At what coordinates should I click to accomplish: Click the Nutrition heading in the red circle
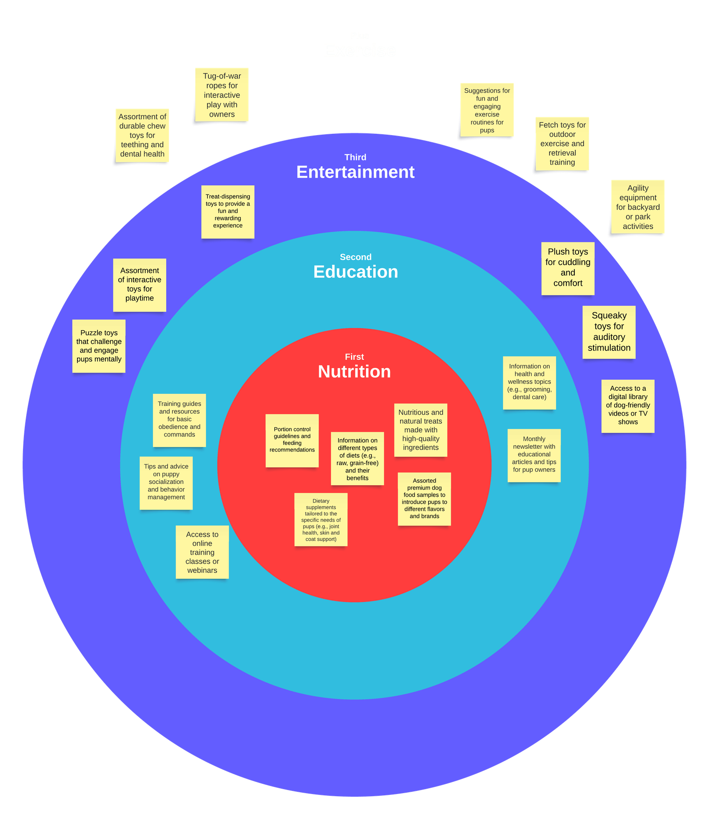pos(354,371)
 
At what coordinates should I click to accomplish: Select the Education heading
pos(355,272)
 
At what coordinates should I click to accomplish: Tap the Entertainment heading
pos(355,172)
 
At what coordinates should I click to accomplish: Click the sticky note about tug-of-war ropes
pos(222,95)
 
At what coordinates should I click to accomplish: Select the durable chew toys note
pos(142,135)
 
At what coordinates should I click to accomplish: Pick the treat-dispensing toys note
pos(228,211)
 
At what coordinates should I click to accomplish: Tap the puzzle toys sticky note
pos(99,346)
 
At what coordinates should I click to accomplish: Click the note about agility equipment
pos(638,207)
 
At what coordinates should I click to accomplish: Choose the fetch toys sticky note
pos(562,144)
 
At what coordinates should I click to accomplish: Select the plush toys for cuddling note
pos(568,268)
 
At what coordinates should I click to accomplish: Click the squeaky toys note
pos(609,332)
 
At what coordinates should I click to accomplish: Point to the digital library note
pos(627,405)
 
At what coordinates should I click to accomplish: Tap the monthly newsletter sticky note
pos(534,455)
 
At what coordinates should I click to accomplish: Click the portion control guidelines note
pos(292,440)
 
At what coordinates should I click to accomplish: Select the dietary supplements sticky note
pos(321,519)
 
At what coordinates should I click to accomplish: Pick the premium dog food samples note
pos(424,498)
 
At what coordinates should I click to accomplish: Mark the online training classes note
pos(202,552)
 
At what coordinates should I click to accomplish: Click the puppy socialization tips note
pos(166,483)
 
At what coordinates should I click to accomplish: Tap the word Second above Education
pos(355,257)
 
